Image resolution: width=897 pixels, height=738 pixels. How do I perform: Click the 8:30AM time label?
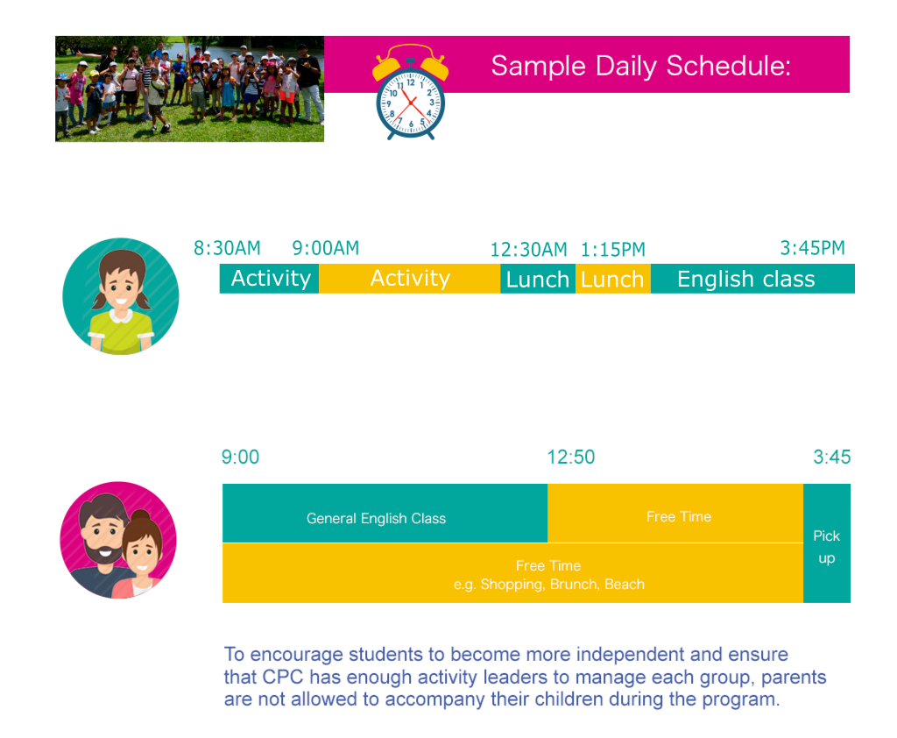pyautogui.click(x=227, y=248)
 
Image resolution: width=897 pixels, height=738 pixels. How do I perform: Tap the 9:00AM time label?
pyautogui.click(x=326, y=248)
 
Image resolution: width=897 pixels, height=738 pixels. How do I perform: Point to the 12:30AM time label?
pyautogui.click(x=528, y=250)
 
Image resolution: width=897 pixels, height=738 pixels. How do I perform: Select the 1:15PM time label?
pyautogui.click(x=612, y=250)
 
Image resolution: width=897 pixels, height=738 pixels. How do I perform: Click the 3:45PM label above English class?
pyautogui.click(x=812, y=248)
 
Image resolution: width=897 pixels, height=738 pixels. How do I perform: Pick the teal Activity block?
pyautogui.click(x=270, y=278)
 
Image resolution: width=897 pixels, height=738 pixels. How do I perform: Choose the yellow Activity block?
pyautogui.click(x=410, y=278)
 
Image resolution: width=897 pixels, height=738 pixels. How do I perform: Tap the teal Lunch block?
pyautogui.click(x=538, y=279)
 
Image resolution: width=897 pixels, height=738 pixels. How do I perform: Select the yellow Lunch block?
pyautogui.click(x=612, y=279)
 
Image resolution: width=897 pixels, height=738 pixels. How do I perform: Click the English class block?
pyautogui.click(x=752, y=279)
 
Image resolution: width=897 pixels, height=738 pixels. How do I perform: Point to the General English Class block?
pyautogui.click(x=385, y=513)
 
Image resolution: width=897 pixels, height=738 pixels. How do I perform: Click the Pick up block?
pyautogui.click(x=827, y=543)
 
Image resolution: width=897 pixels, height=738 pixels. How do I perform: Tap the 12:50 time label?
pyautogui.click(x=571, y=457)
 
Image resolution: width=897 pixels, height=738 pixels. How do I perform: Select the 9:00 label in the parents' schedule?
pyautogui.click(x=240, y=457)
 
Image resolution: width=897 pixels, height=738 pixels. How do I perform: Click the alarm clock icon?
pyautogui.click(x=410, y=93)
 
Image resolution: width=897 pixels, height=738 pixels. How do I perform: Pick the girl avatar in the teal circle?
pyautogui.click(x=121, y=296)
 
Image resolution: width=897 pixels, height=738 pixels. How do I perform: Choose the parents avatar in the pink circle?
pyautogui.click(x=118, y=540)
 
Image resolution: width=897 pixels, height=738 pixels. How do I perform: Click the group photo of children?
pyautogui.click(x=189, y=89)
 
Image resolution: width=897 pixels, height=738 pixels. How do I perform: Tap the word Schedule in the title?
pyautogui.click(x=729, y=65)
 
